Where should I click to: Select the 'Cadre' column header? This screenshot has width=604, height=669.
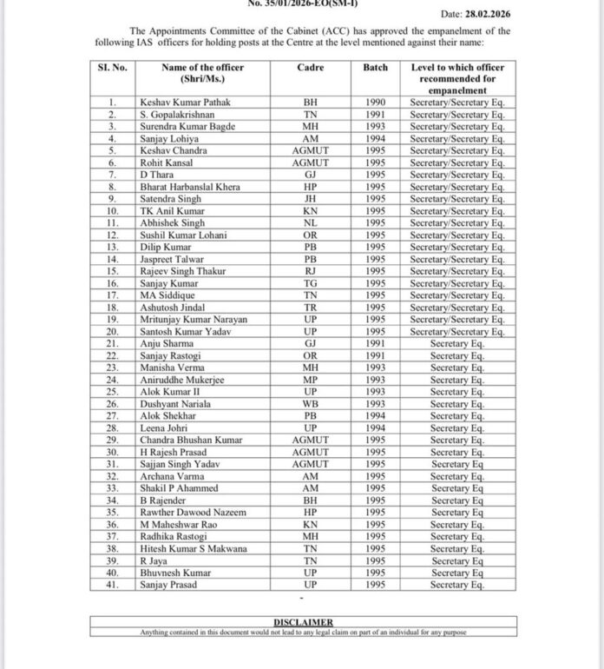coord(311,68)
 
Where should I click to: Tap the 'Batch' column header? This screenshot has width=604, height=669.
coord(376,68)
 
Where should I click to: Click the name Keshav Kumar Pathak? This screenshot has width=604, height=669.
coord(186,103)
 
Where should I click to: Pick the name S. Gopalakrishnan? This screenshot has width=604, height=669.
coord(179,115)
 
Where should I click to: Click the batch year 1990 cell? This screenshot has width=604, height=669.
coord(376,103)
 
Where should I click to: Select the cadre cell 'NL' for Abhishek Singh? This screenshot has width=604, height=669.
coord(311,222)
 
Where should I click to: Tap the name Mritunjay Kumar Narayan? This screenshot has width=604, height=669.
coord(194,319)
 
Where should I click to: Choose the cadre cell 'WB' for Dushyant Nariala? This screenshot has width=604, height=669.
coord(311,404)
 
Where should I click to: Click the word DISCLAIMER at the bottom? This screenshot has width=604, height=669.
coord(305,623)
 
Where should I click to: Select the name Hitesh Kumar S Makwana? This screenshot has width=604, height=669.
coord(194,549)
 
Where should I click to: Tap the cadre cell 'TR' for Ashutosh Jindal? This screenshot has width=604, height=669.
coord(311,308)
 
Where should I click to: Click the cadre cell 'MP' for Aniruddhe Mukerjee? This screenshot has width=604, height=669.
coord(311,380)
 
